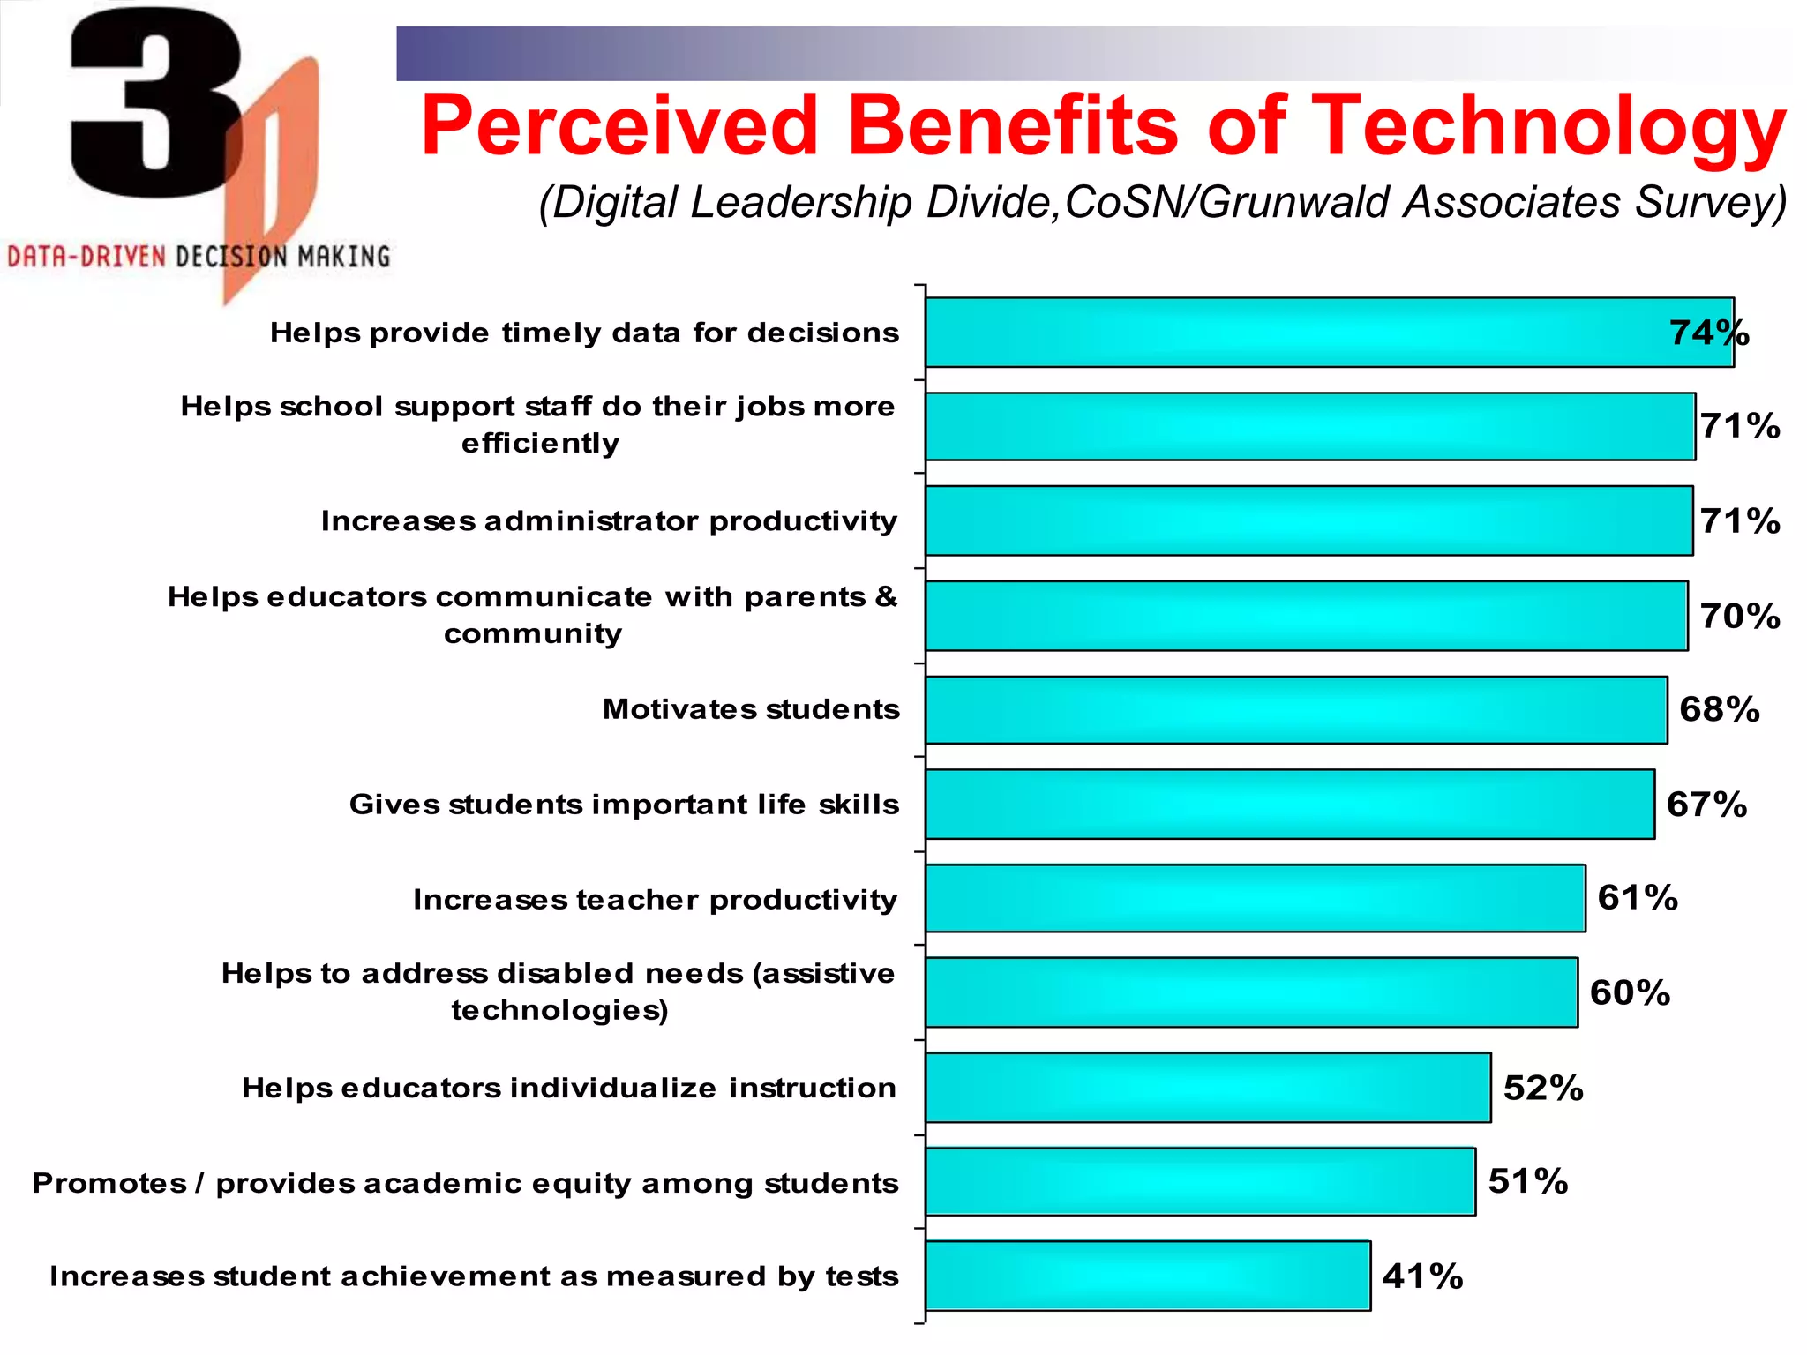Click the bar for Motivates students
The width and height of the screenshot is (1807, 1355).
pyautogui.click(x=1296, y=710)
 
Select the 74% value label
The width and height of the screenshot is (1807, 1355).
pyautogui.click(x=1708, y=333)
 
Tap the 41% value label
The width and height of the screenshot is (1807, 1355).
pyautogui.click(x=1422, y=1276)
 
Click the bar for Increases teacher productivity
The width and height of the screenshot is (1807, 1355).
pyautogui.click(x=1255, y=898)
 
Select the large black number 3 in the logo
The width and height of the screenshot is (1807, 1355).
pyautogui.click(x=154, y=101)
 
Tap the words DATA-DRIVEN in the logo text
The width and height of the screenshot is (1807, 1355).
pyautogui.click(x=86, y=257)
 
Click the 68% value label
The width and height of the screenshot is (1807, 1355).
pyautogui.click(x=1719, y=709)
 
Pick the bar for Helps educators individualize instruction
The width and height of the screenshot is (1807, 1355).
pyautogui.click(x=1208, y=1088)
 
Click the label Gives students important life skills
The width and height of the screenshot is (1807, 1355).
pyautogui.click(x=624, y=805)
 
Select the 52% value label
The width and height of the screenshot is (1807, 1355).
pyautogui.click(x=1543, y=1088)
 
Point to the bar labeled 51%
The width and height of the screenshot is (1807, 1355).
pyautogui.click(x=1200, y=1181)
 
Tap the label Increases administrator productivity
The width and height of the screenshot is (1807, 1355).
pyautogui.click(x=609, y=520)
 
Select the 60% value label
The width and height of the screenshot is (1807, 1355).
pyautogui.click(x=1630, y=992)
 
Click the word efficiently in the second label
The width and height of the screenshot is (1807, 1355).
pyautogui.click(x=540, y=443)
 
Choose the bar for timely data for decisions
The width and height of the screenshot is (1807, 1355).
pyautogui.click(x=1329, y=333)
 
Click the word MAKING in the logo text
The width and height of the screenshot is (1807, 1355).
pyautogui.click(x=343, y=257)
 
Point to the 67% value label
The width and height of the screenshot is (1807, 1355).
pyautogui.click(x=1706, y=805)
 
